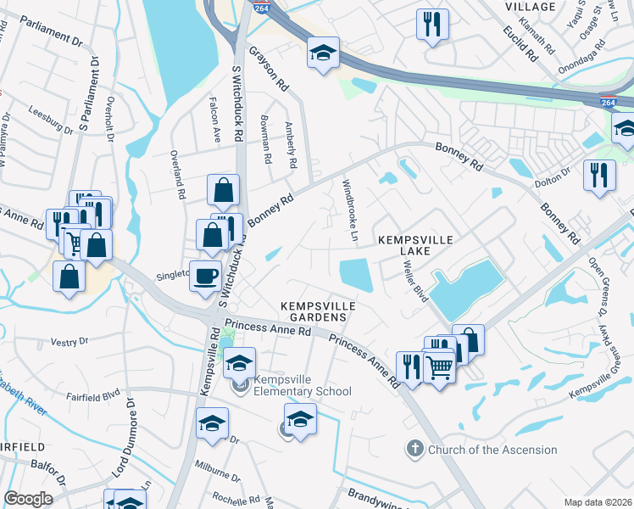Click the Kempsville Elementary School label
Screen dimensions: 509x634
click(302, 391)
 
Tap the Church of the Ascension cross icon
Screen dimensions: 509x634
click(414, 449)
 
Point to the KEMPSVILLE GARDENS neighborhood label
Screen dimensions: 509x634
click(314, 310)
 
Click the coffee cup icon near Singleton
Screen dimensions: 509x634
click(204, 277)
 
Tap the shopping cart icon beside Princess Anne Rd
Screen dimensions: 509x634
click(438, 366)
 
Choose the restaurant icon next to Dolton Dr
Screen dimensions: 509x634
click(599, 176)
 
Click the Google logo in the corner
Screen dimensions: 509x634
click(29, 498)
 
